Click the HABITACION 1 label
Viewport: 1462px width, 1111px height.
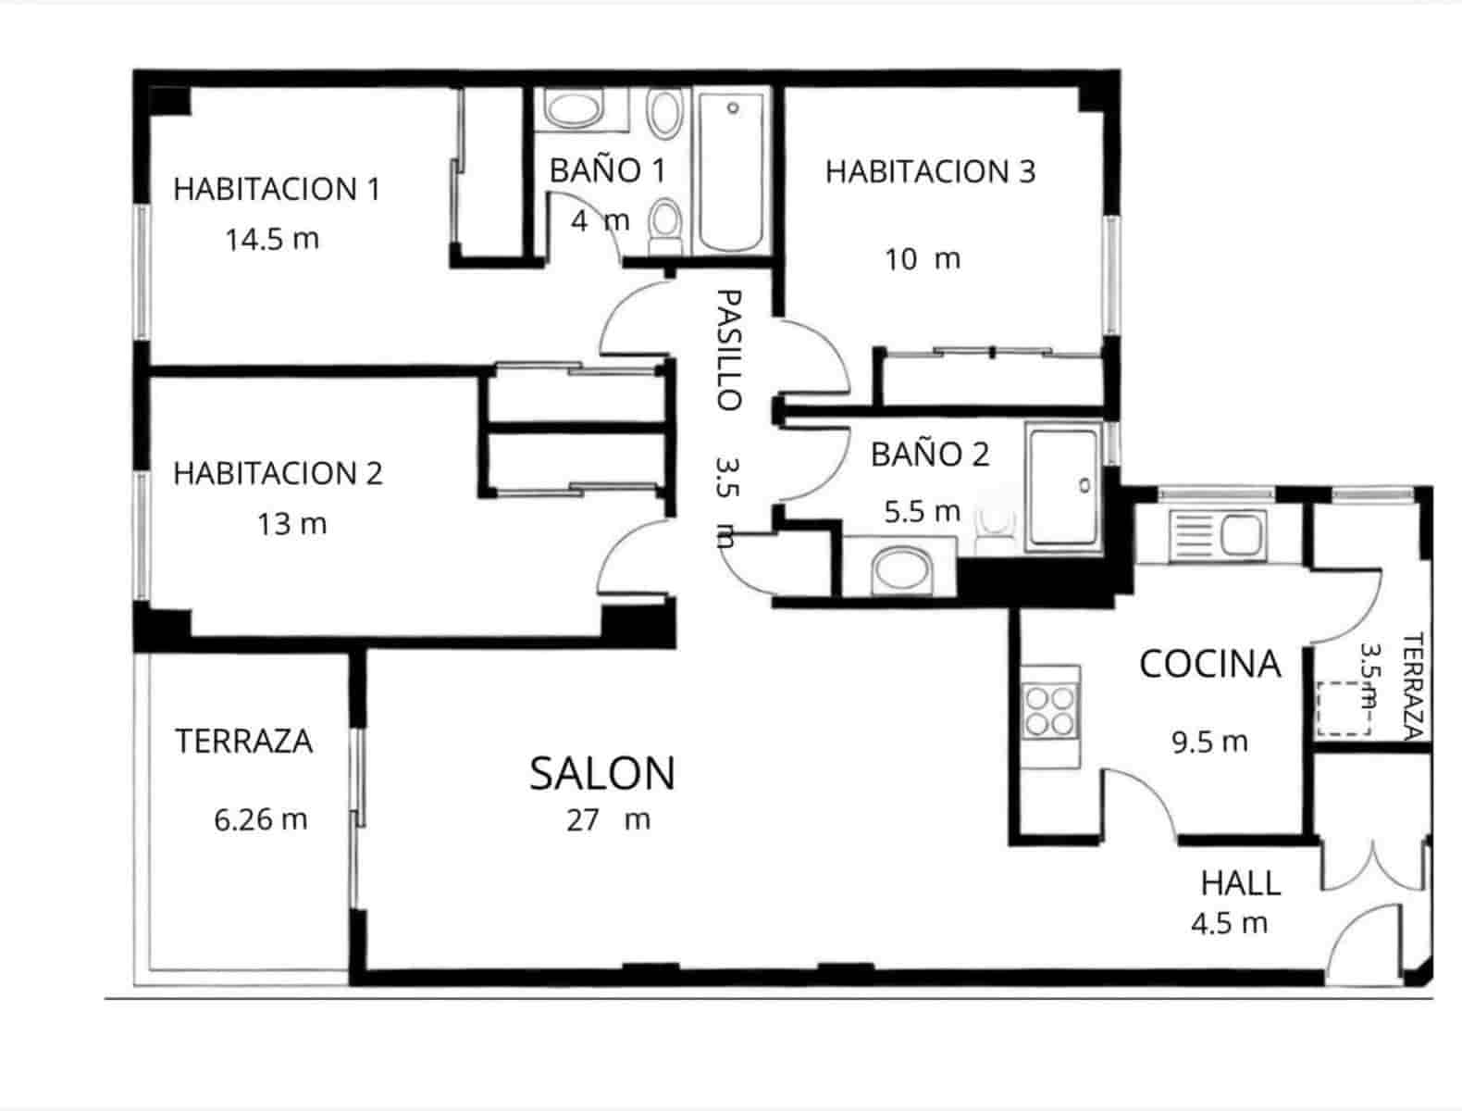click(x=276, y=190)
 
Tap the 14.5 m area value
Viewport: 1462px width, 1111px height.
click(x=272, y=240)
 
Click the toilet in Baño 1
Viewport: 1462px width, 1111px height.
click(x=663, y=224)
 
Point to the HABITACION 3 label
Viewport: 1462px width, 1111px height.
click(x=930, y=172)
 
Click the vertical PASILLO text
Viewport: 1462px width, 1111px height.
click(x=729, y=350)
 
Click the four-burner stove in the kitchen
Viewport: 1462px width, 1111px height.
click(x=1052, y=710)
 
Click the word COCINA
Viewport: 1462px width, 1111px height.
click(x=1209, y=665)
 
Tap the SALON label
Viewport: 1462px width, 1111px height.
click(x=602, y=774)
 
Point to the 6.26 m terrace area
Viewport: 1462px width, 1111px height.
click(x=260, y=820)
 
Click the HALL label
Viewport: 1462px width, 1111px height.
click(x=1240, y=884)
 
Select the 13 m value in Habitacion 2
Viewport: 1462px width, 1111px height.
click(x=291, y=525)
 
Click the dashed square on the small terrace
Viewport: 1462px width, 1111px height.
click(x=1343, y=708)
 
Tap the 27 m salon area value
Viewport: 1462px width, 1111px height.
click(x=608, y=820)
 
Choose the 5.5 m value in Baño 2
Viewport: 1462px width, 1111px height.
click(x=922, y=512)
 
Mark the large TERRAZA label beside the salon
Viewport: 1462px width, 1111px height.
click(x=244, y=742)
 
